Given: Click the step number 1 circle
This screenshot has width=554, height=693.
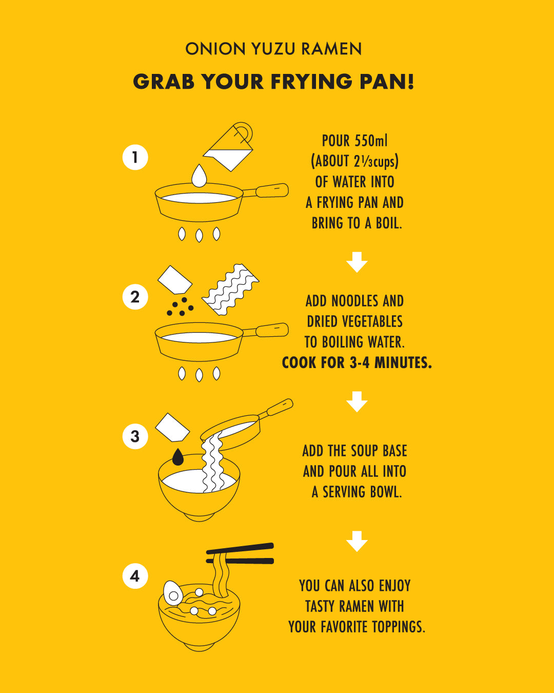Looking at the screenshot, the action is pos(135,158).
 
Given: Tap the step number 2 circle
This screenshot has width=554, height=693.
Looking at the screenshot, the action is pos(135,297).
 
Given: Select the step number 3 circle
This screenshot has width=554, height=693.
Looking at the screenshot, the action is pos(135,436).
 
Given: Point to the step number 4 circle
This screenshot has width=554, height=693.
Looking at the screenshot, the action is pos(135,576).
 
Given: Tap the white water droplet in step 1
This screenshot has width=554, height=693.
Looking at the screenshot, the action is pos(199,176).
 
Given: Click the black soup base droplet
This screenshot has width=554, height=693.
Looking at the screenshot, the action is pos(178,457).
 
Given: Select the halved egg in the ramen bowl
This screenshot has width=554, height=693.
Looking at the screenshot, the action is pos(173,593).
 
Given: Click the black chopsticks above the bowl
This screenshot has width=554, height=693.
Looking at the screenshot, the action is pos(240,553).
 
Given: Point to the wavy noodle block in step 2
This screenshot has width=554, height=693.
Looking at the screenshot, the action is pos(230,290).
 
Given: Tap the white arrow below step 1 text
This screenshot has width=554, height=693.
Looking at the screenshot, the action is pos(357,262).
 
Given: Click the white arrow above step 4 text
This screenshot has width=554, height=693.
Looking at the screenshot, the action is pos(357,542).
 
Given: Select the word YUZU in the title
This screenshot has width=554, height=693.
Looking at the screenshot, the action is pos(273,49).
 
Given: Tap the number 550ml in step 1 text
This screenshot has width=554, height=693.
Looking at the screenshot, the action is pos(371,141).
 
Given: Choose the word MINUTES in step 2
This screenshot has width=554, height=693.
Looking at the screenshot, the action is pos(403,363).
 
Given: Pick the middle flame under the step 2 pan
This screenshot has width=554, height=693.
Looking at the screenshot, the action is pos(199,375).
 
